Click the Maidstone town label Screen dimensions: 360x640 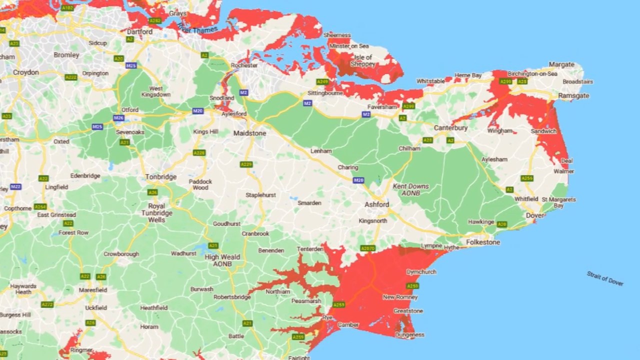pyautogui.click(x=250, y=133)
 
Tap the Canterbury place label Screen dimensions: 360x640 pyautogui.click(x=450, y=128)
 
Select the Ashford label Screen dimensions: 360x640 pyautogui.click(x=376, y=204)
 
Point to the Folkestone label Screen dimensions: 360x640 pyautogui.click(x=482, y=242)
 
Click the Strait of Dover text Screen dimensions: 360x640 pyautogui.click(x=605, y=278)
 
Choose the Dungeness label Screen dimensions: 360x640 pyautogui.click(x=409, y=335)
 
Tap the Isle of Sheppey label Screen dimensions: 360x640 pyautogui.click(x=362, y=60)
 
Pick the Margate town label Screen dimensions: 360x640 pyautogui.click(x=561, y=64)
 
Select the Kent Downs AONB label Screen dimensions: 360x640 pyautogui.click(x=410, y=189)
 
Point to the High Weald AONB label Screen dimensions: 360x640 pyautogui.click(x=222, y=260)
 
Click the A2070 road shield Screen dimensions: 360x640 pyautogui.click(x=367, y=248)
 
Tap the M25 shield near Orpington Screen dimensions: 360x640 pyautogui.click(x=131, y=65)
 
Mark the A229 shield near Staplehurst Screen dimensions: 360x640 pyautogui.click(x=246, y=164)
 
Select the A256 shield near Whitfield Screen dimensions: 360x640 pyautogui.click(x=527, y=178)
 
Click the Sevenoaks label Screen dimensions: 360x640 pyautogui.click(x=130, y=132)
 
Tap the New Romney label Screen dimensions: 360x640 pyautogui.click(x=396, y=297)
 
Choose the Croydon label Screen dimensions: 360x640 pyautogui.click(x=26, y=72)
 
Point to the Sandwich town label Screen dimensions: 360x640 pyautogui.click(x=543, y=131)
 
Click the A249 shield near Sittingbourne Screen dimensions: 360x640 pyautogui.click(x=322, y=81)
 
